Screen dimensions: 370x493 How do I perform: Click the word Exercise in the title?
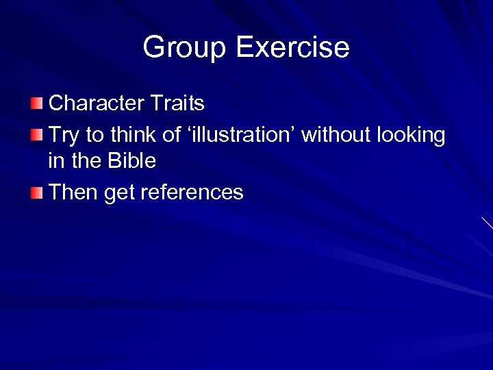(292, 47)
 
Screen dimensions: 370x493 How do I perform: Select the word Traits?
(179, 103)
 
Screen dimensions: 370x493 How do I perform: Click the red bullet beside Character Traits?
(36, 104)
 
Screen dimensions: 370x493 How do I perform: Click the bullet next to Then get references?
(36, 193)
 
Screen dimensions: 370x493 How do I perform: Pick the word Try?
(64, 136)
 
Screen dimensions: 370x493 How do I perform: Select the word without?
(336, 135)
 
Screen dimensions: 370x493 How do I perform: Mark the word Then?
(74, 193)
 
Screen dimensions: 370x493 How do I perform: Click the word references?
(192, 193)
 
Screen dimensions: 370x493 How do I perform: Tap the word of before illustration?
(172, 135)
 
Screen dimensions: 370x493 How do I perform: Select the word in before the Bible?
(55, 162)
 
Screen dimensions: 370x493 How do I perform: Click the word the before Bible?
(84, 162)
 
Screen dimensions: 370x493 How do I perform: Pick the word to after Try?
(92, 136)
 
